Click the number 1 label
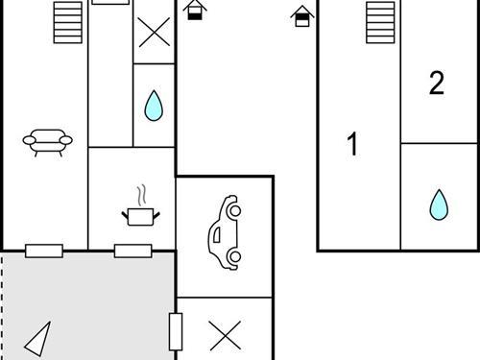click(352, 145)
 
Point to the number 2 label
click(437, 84)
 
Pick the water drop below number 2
click(439, 204)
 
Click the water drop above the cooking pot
click(153, 106)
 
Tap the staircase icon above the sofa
click(67, 22)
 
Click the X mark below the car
click(225, 335)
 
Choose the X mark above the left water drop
click(153, 32)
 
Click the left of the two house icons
click(196, 11)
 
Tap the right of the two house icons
click(303, 15)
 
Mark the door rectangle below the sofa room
click(44, 252)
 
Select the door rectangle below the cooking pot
click(133, 252)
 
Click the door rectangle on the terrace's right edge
click(176, 331)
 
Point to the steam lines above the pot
click(141, 193)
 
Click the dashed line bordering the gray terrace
click(3, 307)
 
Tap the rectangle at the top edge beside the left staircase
click(110, 2)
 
